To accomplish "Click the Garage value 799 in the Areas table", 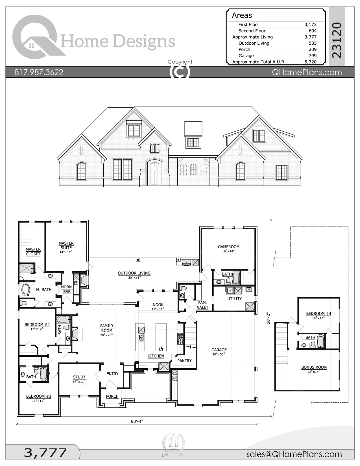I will (x=312, y=56).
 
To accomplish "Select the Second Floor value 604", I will (x=312, y=31).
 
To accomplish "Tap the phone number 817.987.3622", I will (x=39, y=72).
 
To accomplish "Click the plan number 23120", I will (x=337, y=40).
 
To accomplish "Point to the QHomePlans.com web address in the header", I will (x=307, y=72).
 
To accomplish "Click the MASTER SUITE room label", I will (x=66, y=245).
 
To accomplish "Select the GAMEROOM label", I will (x=228, y=247).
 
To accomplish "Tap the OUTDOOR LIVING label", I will (x=134, y=273).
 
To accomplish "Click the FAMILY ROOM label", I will (x=107, y=328).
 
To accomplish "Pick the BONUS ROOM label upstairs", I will (x=314, y=367).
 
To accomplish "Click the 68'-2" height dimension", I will (x=269, y=318).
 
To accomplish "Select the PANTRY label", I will (x=184, y=361).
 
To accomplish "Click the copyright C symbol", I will (x=180, y=72).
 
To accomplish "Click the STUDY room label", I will (x=79, y=377).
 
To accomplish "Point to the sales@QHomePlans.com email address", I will (x=294, y=454).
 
